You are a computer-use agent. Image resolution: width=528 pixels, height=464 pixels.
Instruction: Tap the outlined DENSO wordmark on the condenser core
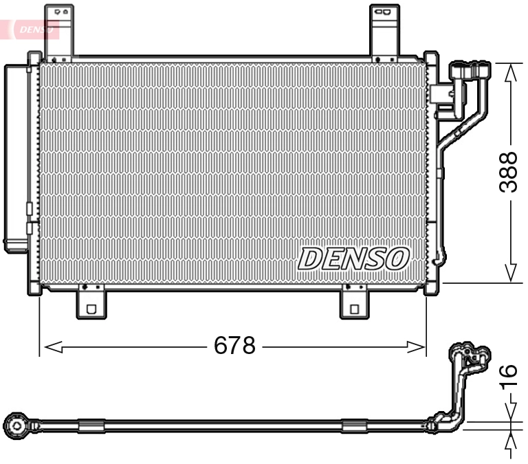coord(354,258)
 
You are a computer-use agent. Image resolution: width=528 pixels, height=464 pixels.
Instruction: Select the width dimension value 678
coord(234,345)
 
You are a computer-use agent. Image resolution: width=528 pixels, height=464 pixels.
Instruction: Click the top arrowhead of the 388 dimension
coord(510,74)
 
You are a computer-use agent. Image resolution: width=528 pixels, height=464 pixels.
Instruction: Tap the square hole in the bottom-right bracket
coord(354,309)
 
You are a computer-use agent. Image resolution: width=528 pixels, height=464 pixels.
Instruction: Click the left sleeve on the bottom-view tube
coord(91,426)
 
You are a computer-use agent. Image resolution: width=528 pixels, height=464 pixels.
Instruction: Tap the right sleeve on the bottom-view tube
coord(355,426)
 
